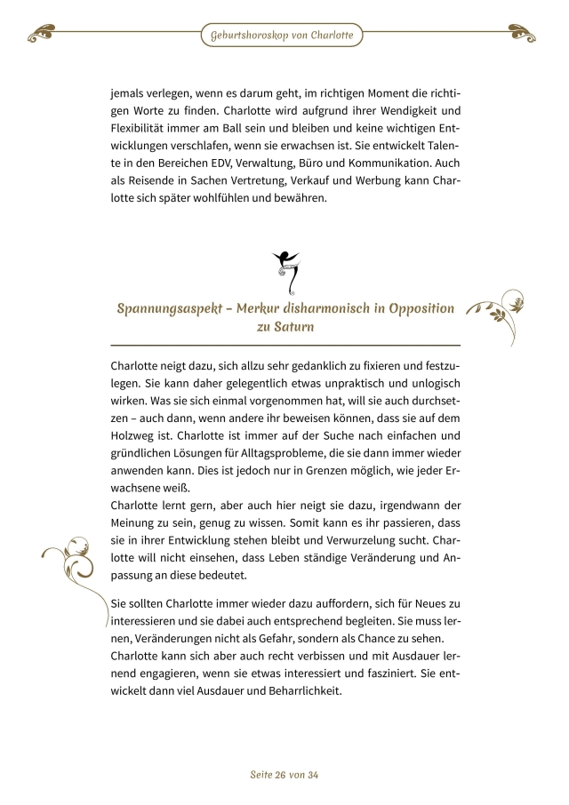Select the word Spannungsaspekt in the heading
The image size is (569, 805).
coord(168,308)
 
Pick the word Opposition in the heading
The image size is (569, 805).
coord(414,308)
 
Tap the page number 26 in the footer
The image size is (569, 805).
coord(286,775)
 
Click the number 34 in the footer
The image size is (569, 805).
coord(311,775)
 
